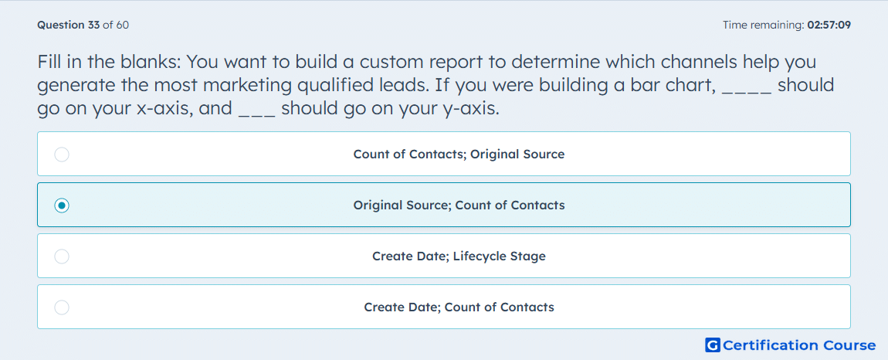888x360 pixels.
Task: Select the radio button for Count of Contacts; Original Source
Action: [62, 155]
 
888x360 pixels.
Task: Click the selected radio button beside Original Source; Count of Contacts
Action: [62, 205]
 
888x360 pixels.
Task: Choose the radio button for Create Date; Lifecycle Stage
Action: [62, 256]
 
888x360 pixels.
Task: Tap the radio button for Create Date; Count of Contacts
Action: [62, 307]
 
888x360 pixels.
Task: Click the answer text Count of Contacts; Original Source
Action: [459, 155]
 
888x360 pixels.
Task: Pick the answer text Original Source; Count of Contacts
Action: [459, 205]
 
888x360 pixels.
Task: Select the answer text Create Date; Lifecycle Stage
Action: [459, 256]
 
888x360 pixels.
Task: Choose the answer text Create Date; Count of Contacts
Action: [459, 307]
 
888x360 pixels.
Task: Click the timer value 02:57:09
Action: [829, 25]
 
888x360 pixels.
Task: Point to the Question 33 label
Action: [69, 25]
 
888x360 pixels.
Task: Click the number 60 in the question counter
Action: [122, 25]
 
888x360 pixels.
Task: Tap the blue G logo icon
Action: [713, 345]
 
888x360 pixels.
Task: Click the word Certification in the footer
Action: [770, 345]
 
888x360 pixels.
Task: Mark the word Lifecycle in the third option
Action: [478, 256]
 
